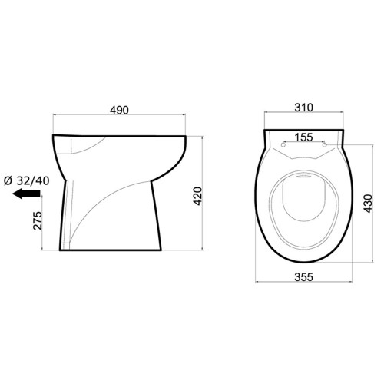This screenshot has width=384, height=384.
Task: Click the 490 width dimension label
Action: click(x=119, y=110)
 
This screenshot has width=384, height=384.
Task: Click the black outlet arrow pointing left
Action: click(x=28, y=196)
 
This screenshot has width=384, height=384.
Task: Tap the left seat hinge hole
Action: click(x=285, y=144)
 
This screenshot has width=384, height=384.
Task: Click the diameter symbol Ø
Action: click(x=7, y=181)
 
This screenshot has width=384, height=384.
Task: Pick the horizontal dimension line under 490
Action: click(x=119, y=117)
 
